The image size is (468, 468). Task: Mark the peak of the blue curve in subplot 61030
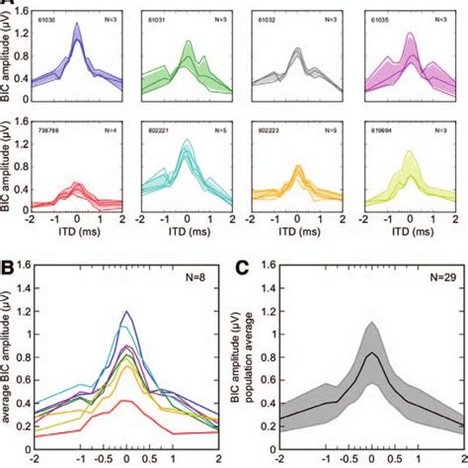(76, 39)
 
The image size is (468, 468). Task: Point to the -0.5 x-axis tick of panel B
(103, 460)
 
